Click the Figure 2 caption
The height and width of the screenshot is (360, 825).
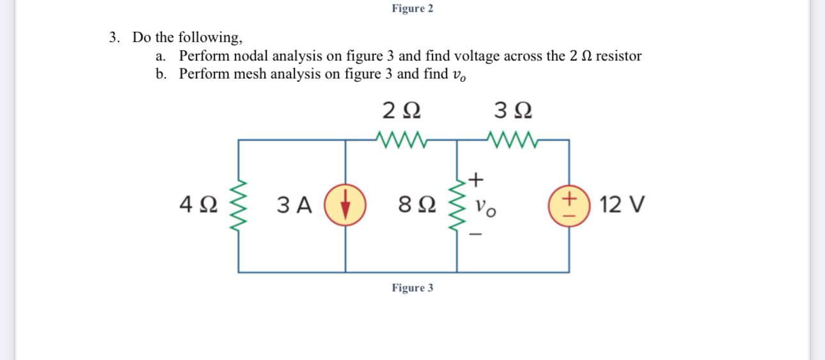(x=412, y=8)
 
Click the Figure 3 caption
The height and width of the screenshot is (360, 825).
(x=412, y=288)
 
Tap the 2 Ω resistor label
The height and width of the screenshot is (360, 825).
(x=401, y=111)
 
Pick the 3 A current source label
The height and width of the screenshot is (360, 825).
(x=295, y=206)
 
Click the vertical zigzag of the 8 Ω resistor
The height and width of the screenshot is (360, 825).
(x=458, y=206)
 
